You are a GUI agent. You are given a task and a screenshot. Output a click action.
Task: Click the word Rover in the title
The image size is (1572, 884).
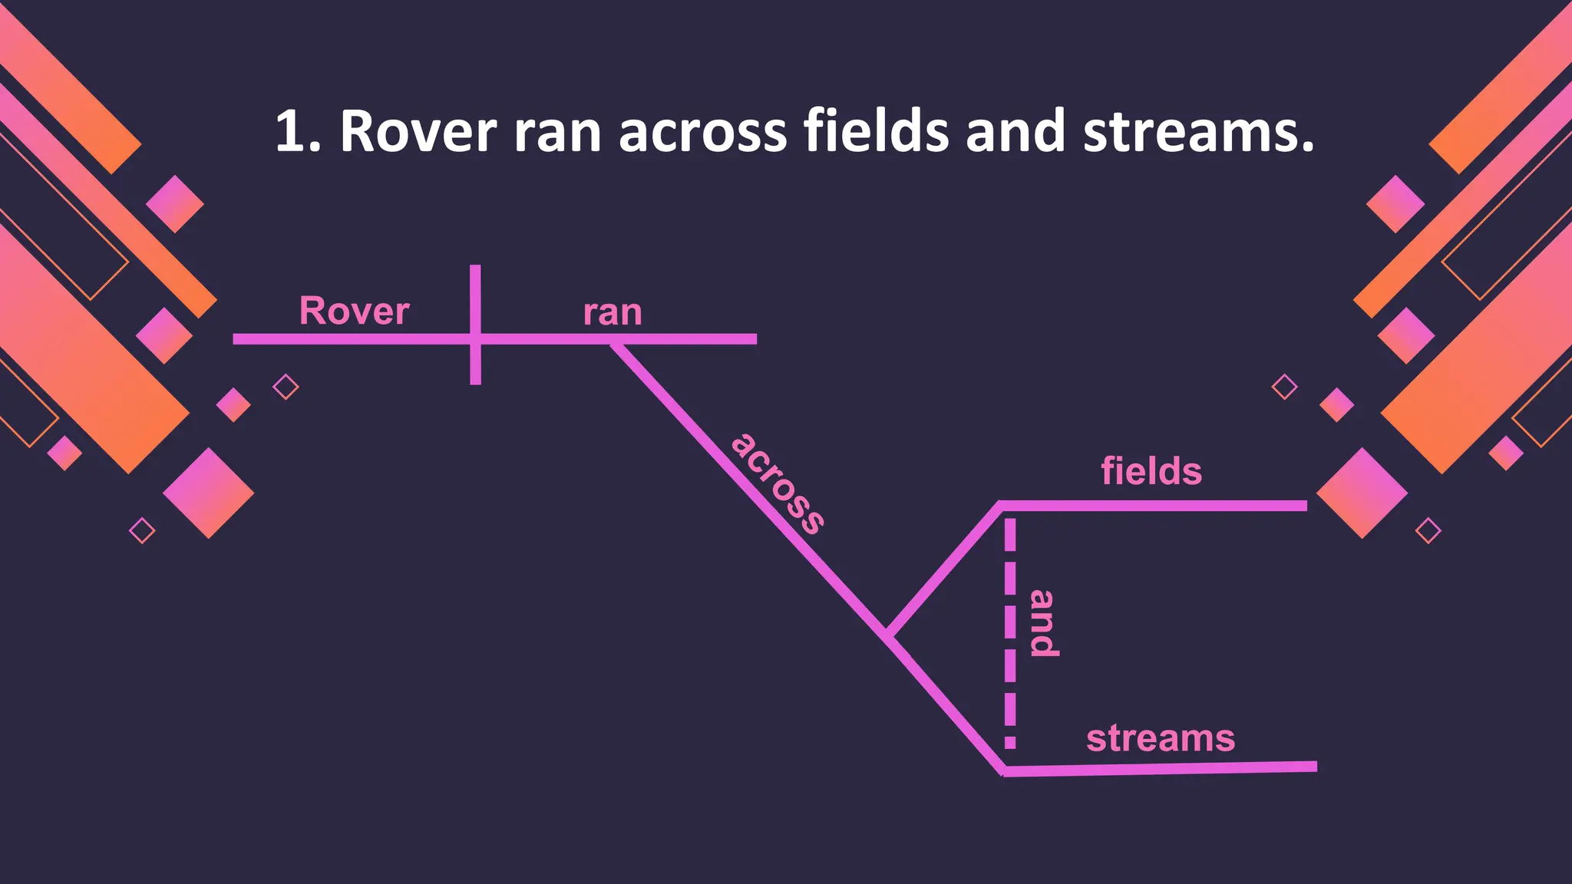pyautogui.click(x=418, y=132)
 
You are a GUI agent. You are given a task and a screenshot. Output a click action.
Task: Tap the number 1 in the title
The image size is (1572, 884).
pyautogui.click(x=289, y=132)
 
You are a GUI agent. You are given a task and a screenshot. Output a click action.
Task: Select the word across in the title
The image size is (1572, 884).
pyautogui.click(x=702, y=132)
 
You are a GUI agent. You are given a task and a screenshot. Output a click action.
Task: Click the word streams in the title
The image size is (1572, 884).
pyautogui.click(x=1197, y=132)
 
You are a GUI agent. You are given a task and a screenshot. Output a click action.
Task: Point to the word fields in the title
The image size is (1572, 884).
pyautogui.click(x=876, y=132)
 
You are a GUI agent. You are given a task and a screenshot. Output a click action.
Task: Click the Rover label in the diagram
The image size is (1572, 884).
pyautogui.click(x=354, y=311)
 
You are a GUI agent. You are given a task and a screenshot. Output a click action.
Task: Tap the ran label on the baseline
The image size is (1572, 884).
pyautogui.click(x=612, y=313)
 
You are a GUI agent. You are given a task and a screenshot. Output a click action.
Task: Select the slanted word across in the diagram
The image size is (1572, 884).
pyautogui.click(x=778, y=483)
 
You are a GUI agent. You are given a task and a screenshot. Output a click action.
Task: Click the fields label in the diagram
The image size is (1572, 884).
pyautogui.click(x=1151, y=470)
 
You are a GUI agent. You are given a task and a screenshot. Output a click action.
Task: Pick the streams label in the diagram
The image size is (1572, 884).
pyautogui.click(x=1161, y=738)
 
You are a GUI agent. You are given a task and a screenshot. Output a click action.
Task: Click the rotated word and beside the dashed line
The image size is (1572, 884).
pyautogui.click(x=1042, y=623)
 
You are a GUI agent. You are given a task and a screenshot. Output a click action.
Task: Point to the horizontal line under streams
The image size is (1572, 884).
pyautogui.click(x=1159, y=768)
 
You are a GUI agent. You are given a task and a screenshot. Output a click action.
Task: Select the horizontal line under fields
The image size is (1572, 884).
pyautogui.click(x=1151, y=506)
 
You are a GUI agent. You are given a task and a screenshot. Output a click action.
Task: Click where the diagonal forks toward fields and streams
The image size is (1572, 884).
pyautogui.click(x=888, y=635)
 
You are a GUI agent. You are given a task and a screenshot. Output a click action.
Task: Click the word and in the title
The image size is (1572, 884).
pyautogui.click(x=1016, y=132)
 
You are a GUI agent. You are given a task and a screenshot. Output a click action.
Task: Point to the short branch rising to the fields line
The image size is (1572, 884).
pyautogui.click(x=944, y=569)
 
